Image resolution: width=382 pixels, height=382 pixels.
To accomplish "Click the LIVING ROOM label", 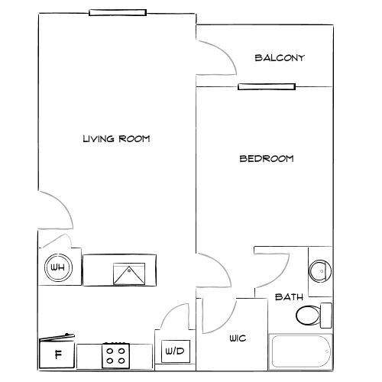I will tap(115, 139).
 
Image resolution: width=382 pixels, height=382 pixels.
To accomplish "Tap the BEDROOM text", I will tap(267, 159).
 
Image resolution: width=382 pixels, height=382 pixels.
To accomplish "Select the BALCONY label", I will tap(280, 58).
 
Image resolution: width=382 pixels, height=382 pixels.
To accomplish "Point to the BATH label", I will tap(289, 296).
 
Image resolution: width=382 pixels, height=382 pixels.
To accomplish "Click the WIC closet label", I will tap(237, 338).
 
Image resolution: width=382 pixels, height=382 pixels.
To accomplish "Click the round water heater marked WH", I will tap(57, 268).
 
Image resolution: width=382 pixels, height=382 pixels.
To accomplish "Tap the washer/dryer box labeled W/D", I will tap(175, 351).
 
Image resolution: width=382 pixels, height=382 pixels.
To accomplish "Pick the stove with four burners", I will tap(116, 354).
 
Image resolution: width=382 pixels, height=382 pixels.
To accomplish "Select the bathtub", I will tap(301, 351).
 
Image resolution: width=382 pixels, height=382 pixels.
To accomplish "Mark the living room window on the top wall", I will tap(117, 12).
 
